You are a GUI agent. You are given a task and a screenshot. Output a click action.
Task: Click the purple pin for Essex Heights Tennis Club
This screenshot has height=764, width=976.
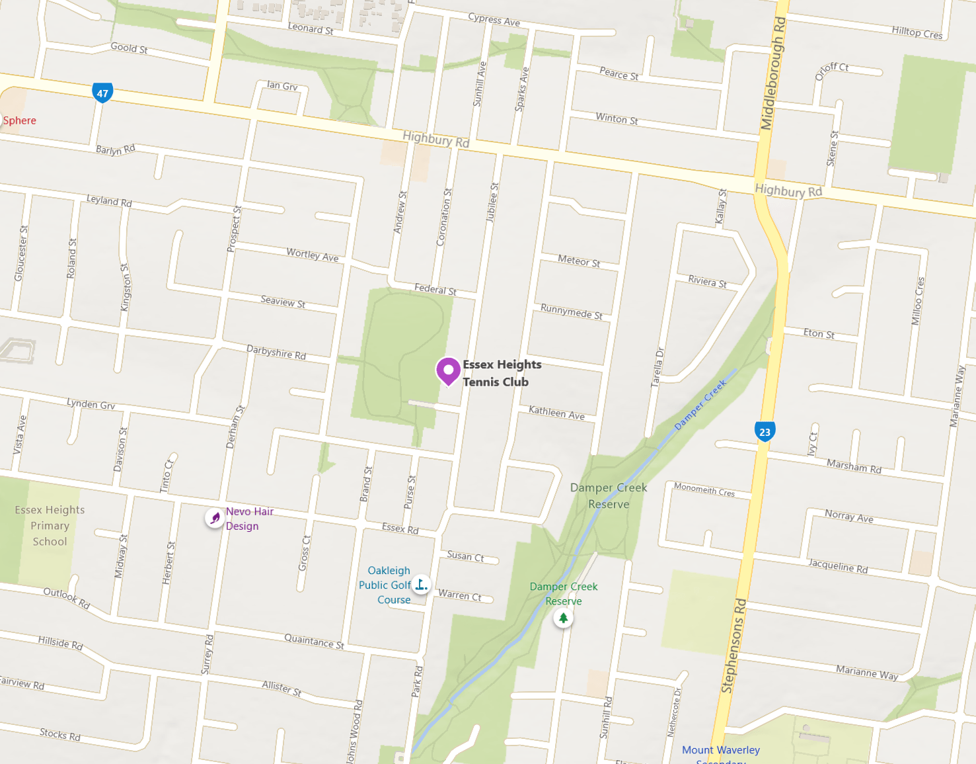tap(448, 370)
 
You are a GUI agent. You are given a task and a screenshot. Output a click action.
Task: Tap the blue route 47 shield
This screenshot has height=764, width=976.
tap(102, 93)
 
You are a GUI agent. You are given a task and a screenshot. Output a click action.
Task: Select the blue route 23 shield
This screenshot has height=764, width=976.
tap(765, 432)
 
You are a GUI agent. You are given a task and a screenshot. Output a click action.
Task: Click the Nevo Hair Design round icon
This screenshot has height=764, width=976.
tap(215, 518)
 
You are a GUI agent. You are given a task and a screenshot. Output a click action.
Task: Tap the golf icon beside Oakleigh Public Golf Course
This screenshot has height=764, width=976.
tap(421, 585)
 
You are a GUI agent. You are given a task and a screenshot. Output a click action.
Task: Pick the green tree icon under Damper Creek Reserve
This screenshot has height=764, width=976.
tap(563, 618)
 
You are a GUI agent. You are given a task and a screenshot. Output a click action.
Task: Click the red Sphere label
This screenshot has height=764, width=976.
tap(20, 120)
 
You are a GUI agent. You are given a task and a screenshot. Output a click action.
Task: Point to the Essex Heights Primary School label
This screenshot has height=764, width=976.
tap(50, 526)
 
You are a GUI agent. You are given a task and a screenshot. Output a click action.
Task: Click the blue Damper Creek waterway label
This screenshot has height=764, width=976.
tap(700, 405)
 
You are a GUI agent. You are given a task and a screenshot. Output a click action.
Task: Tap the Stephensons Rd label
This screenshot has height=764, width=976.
tap(733, 646)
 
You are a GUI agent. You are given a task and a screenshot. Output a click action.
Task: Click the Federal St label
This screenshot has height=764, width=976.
tap(435, 289)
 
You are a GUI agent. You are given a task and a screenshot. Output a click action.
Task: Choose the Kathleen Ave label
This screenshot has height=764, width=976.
tap(556, 413)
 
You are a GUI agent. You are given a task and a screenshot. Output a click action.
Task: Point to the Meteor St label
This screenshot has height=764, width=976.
tap(579, 261)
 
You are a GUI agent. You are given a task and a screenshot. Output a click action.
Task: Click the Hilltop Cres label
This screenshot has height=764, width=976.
tap(917, 32)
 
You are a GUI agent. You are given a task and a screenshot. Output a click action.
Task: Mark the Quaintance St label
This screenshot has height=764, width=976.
tap(314, 641)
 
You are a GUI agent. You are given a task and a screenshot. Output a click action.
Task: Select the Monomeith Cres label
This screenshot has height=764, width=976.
tap(704, 490)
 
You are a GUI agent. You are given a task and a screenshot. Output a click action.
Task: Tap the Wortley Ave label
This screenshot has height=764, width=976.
tap(312, 255)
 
